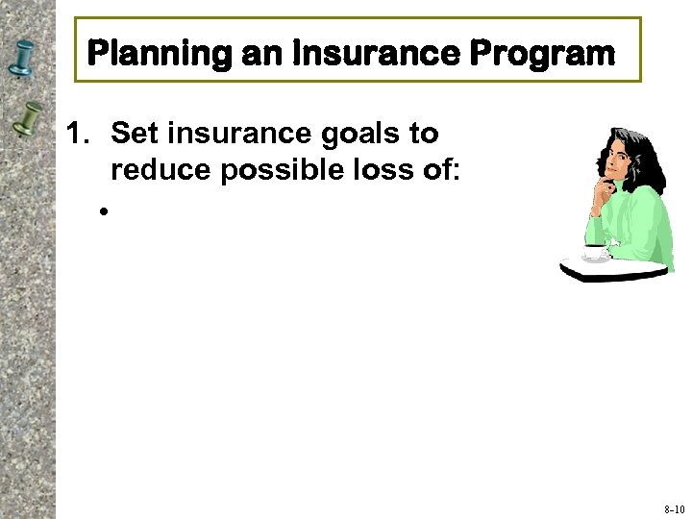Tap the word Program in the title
(x=542, y=55)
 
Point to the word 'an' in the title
(x=259, y=55)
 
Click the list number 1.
(x=77, y=134)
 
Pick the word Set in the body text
(x=134, y=134)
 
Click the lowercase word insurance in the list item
(x=239, y=134)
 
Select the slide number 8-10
(x=673, y=508)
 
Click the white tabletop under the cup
(x=615, y=269)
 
